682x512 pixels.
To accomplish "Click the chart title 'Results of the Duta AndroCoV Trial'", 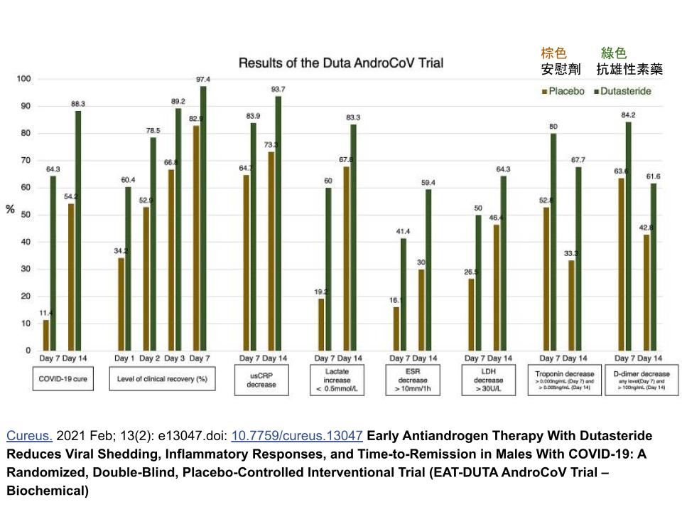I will pos(340,63).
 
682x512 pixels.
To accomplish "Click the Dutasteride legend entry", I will pos(622,91).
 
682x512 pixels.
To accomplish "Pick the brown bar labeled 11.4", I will pos(46,335).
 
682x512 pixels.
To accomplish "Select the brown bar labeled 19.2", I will pos(322,324).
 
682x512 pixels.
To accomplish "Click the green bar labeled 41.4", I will pos(404,294).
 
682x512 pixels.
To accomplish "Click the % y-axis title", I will pos(10,210).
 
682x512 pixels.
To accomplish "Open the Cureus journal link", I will pos(29,435).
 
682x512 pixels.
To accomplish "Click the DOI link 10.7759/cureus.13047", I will pos(297,435).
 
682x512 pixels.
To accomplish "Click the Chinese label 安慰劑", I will pos(561,70).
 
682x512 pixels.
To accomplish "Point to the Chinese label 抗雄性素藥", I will pos(629,70).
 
